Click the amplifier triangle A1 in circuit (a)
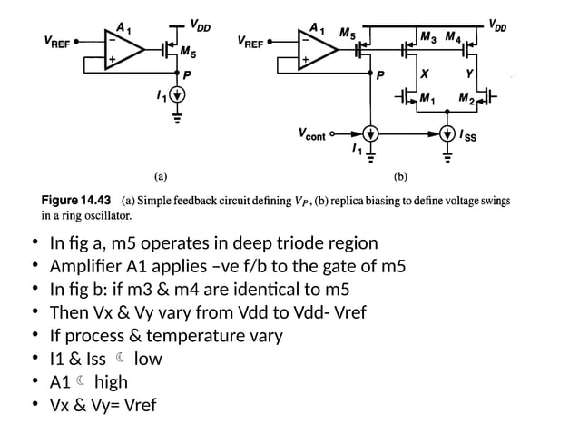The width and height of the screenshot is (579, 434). click(119, 50)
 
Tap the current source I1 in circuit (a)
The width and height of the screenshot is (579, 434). click(177, 94)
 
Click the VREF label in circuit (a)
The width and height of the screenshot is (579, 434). click(58, 42)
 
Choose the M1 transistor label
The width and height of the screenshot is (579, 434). click(427, 97)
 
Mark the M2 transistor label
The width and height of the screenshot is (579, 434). click(466, 97)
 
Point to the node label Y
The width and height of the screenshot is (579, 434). click(468, 74)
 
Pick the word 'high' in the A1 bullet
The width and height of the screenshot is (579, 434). click(111, 381)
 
